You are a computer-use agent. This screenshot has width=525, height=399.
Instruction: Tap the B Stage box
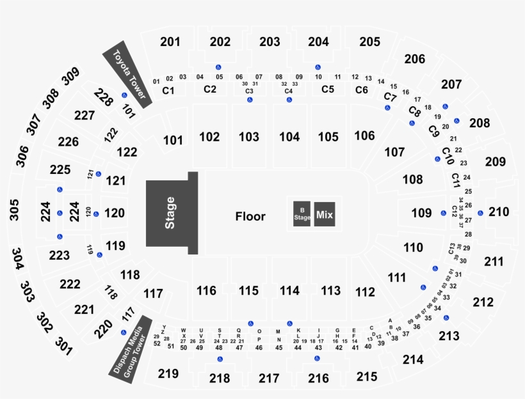(x=302, y=214)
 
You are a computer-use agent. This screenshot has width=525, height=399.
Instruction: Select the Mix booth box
(x=325, y=215)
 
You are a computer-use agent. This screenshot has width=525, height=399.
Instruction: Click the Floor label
(x=250, y=217)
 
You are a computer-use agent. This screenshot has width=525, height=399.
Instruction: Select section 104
(x=289, y=137)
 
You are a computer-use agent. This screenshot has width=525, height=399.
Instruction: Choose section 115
(x=248, y=291)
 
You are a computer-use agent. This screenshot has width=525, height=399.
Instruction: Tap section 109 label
(x=421, y=213)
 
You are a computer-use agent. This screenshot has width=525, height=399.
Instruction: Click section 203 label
(x=270, y=42)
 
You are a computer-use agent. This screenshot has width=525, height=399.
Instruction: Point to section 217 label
(x=269, y=378)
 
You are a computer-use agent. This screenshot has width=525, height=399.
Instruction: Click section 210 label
(x=499, y=212)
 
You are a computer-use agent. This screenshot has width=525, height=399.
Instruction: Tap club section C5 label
(x=328, y=90)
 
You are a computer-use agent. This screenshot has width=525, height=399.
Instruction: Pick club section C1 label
(x=168, y=91)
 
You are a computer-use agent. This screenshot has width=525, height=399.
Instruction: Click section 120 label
(x=115, y=213)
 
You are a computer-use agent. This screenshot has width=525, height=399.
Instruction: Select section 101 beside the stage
(x=173, y=140)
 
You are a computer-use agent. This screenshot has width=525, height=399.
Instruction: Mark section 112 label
(x=365, y=292)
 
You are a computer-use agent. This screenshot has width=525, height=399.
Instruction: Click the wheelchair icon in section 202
(x=219, y=66)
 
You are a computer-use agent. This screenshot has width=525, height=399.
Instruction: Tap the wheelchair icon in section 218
(x=220, y=359)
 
